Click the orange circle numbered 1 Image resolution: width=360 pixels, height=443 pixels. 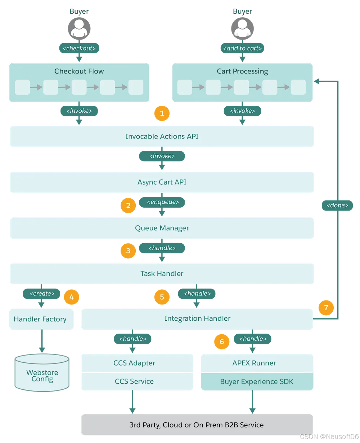(x=162, y=113)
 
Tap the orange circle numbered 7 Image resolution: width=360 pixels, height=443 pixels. (x=326, y=308)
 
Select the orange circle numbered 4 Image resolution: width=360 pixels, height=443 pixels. (x=71, y=297)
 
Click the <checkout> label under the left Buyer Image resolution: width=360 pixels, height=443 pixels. (x=79, y=48)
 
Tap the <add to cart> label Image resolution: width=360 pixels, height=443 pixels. (x=242, y=48)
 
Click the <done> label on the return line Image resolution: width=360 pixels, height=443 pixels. (x=337, y=205)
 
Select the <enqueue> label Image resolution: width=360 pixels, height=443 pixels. (x=162, y=202)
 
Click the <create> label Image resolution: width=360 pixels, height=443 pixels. (x=41, y=294)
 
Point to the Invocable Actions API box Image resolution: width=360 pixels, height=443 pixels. (x=162, y=136)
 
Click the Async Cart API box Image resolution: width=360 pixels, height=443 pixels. (x=162, y=182)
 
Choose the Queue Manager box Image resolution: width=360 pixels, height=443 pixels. (x=162, y=228)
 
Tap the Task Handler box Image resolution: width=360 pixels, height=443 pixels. (x=162, y=274)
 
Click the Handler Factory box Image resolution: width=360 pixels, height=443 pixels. (x=40, y=319)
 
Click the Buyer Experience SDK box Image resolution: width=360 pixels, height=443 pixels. (x=257, y=381)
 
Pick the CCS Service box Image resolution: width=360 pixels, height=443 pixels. (x=134, y=381)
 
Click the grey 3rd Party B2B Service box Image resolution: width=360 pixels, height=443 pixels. (x=197, y=425)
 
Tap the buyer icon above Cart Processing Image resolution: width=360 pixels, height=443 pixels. (x=242, y=28)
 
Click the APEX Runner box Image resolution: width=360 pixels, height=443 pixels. (x=254, y=363)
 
